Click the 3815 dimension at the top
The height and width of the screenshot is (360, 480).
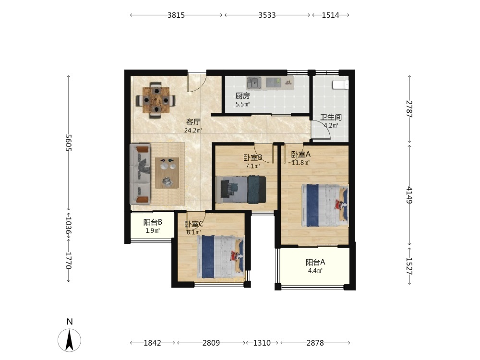point(176,15)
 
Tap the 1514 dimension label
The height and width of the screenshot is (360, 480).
point(330,15)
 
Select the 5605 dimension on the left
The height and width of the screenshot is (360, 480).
point(68,143)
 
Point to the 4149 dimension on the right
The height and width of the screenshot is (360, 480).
point(409,195)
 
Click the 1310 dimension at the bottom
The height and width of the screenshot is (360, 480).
point(262,343)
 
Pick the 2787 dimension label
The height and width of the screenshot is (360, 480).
point(409,109)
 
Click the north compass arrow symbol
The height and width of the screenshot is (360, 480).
point(70,340)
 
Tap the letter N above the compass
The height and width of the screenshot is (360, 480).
point(70,322)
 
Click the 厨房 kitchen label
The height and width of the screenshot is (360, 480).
point(242,96)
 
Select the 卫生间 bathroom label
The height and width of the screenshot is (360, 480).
point(331,117)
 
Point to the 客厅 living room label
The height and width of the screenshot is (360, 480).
point(193,122)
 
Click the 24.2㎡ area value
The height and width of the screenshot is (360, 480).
point(193,131)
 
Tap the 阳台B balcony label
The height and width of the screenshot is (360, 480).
point(153,222)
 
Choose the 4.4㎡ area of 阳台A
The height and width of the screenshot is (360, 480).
point(315,271)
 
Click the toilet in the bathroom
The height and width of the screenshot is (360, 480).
point(340,85)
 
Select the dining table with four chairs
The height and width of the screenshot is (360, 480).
point(156,100)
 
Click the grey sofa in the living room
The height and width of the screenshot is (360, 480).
point(140,174)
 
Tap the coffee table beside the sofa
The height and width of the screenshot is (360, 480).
point(167,173)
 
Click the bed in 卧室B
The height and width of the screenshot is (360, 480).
point(240,190)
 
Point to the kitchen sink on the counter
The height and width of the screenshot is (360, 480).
point(254,82)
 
